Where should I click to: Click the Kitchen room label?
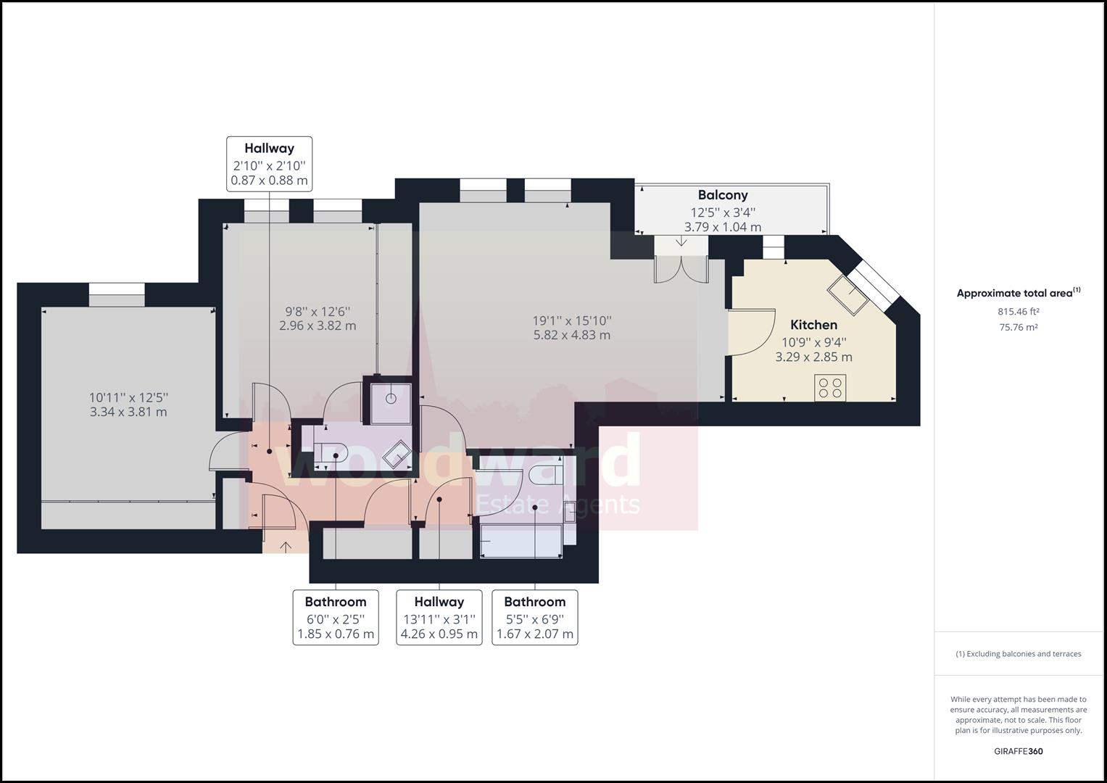click(x=813, y=325)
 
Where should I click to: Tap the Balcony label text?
click(x=723, y=195)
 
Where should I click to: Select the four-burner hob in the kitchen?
click(x=830, y=388)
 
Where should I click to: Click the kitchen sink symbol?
click(x=848, y=294)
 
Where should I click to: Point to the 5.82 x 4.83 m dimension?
click(x=572, y=335)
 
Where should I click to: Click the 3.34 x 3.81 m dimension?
click(x=128, y=412)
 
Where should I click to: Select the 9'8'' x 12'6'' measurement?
click(x=318, y=312)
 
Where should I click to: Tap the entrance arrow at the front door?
click(x=286, y=546)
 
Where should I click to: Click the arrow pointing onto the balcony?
click(x=681, y=241)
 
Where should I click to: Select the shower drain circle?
click(x=391, y=399)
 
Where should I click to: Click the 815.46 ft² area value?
click(x=1018, y=312)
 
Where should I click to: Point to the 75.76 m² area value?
click(x=1018, y=327)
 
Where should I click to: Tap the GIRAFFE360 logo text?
click(x=1019, y=751)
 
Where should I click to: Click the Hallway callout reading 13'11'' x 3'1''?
click(x=439, y=618)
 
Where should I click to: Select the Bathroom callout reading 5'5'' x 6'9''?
click(x=535, y=618)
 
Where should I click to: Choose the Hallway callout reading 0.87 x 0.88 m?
click(x=270, y=164)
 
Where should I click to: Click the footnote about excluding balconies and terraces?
click(x=1019, y=654)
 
